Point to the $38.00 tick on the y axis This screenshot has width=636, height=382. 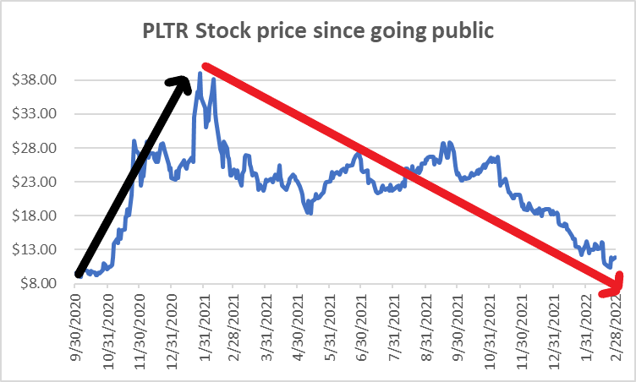coord(37,80)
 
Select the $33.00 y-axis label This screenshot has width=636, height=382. coord(37,114)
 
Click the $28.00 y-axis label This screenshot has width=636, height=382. coord(37,148)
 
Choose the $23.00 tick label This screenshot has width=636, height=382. coord(37,182)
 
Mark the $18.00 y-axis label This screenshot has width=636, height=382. coord(37,216)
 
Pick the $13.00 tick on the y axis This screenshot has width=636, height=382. coord(37,249)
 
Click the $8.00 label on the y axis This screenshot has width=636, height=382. coord(40,283)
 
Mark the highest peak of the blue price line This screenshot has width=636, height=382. coord(200,73)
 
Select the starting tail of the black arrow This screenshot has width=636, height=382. coord(79,273)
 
